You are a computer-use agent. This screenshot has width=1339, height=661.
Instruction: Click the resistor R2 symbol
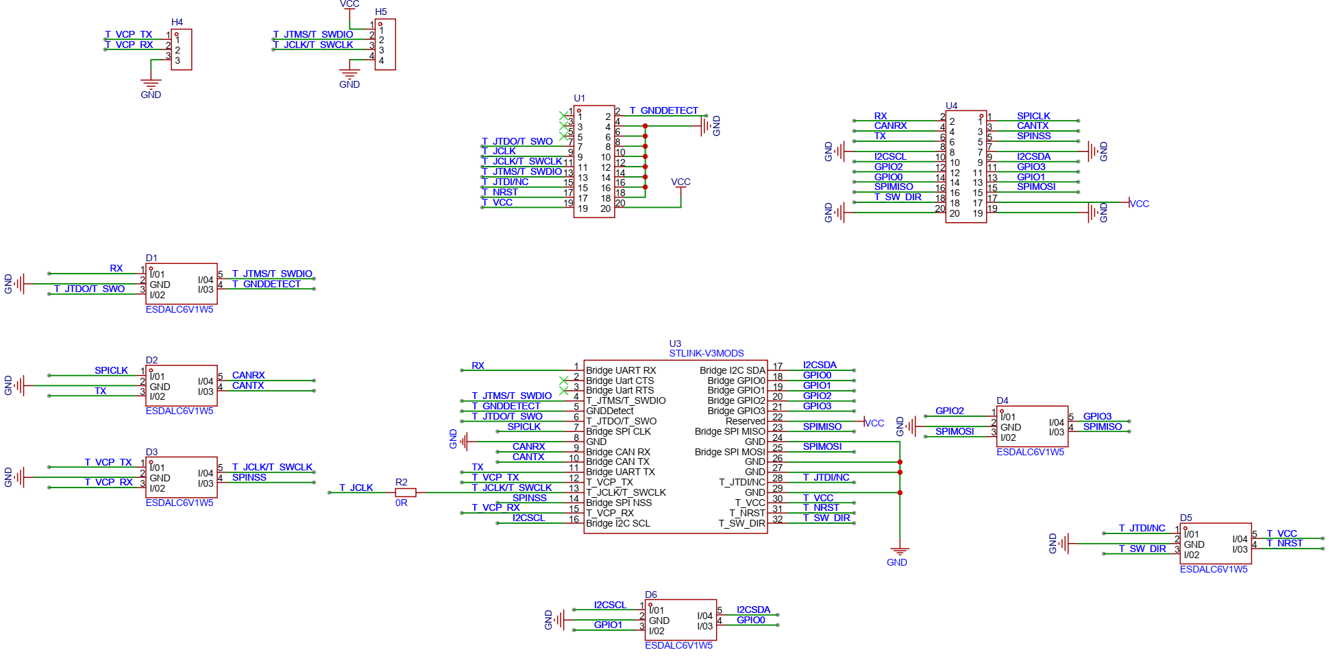(x=406, y=492)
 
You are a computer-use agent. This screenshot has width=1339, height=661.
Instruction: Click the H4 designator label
(x=177, y=23)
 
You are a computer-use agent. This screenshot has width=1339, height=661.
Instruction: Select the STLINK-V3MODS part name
(x=707, y=353)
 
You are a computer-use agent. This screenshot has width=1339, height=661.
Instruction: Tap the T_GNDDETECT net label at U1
(x=663, y=110)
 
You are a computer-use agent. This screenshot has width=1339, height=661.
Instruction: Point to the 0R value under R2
(x=402, y=503)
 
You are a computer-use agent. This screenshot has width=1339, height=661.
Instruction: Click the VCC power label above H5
(x=349, y=4)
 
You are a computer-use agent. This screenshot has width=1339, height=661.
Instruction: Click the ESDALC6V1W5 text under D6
(x=678, y=645)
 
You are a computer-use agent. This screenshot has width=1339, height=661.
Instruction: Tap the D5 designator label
(x=1186, y=518)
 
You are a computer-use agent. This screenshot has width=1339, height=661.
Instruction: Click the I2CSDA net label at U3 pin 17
(x=820, y=365)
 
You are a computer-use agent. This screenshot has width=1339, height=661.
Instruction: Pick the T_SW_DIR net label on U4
(x=898, y=197)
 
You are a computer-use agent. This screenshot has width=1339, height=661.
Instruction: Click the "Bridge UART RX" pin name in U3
(x=621, y=370)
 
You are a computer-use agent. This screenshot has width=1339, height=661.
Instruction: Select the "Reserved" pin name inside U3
(x=745, y=421)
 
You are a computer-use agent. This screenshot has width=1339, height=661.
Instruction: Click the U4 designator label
(x=952, y=106)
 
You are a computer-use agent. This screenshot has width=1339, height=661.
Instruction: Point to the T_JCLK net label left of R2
(x=356, y=488)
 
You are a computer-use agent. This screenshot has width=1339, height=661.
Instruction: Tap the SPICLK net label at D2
(x=111, y=370)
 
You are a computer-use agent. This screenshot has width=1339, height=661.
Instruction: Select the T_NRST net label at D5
(x=1285, y=543)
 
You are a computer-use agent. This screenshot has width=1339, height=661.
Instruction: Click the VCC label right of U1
(x=680, y=182)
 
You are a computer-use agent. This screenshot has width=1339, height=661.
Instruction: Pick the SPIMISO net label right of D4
(x=1103, y=426)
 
